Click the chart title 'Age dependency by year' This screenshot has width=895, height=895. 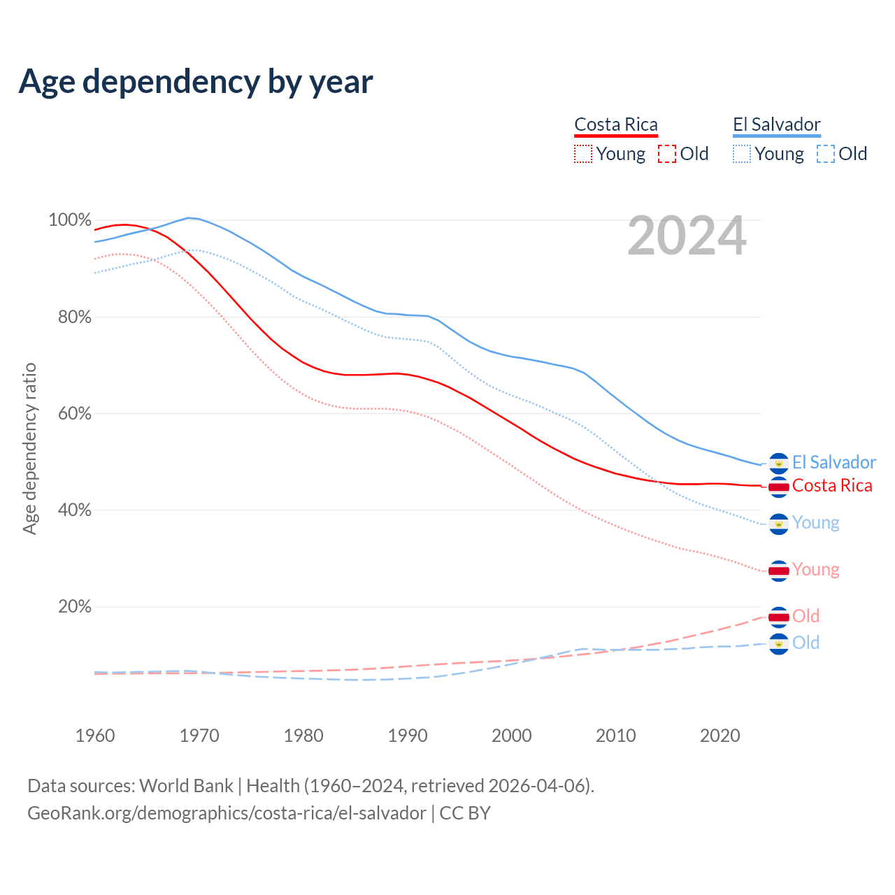196,81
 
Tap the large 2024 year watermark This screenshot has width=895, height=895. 687,236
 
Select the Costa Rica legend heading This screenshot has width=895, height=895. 616,124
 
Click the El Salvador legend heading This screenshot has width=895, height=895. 776,124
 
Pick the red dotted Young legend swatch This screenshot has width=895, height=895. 583,154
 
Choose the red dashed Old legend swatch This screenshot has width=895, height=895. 667,154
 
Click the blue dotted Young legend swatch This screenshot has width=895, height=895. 742,154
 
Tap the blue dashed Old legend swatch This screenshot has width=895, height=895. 826,154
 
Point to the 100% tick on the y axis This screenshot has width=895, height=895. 69,220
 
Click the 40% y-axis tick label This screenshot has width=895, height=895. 74,510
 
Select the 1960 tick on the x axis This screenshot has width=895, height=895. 95,736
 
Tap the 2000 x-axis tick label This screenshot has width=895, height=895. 512,736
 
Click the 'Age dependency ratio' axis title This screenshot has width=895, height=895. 29,448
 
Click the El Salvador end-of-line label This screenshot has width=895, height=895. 833,463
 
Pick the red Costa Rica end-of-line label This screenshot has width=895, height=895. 832,486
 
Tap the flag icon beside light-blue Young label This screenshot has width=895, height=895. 779,524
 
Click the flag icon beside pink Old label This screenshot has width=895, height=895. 779,617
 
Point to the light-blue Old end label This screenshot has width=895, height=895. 805,643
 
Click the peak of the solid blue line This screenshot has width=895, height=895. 188,217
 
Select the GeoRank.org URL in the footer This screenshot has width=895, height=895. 227,813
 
